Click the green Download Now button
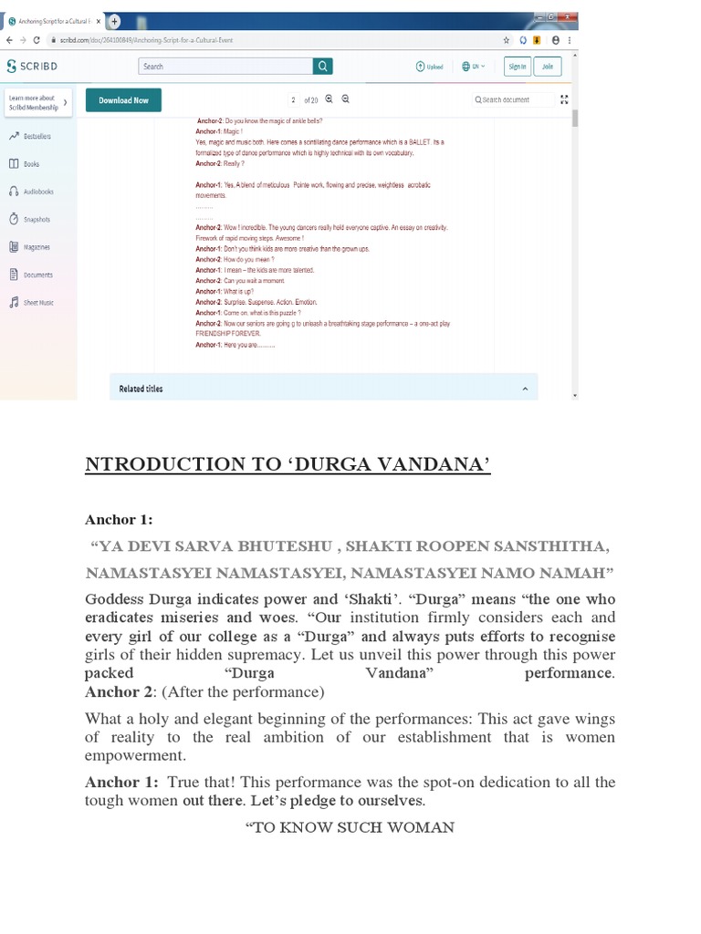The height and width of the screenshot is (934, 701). pos(123,100)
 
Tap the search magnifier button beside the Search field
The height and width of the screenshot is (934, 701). pos(323,66)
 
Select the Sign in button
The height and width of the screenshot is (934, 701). pos(517,66)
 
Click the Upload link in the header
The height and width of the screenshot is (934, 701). pos(429,66)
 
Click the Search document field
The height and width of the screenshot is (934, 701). pos(517,99)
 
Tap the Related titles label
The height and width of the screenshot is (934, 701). pos(141,389)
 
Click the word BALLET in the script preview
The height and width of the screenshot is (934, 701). pos(420,142)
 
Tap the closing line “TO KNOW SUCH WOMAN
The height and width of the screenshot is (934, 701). pos(350,827)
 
